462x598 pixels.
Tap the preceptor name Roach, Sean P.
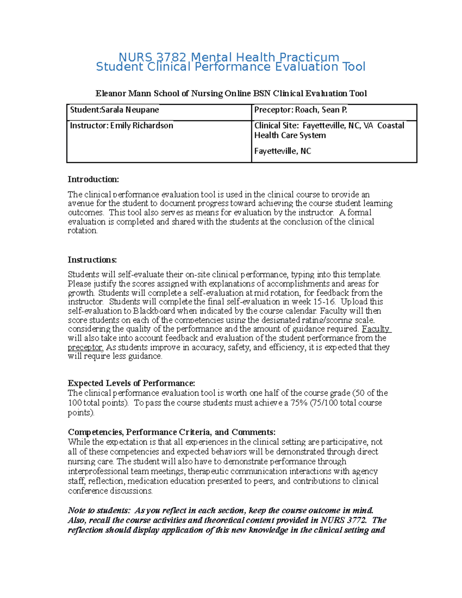tap(321, 110)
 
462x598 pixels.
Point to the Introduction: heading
tap(94, 179)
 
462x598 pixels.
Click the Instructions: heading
tap(92, 260)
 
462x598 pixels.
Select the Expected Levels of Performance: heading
tap(131, 384)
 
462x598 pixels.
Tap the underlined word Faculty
tap(376, 329)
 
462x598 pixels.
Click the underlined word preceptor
tap(85, 347)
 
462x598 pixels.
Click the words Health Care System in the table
tap(290, 136)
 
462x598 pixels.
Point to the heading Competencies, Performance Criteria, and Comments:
tap(171, 432)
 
